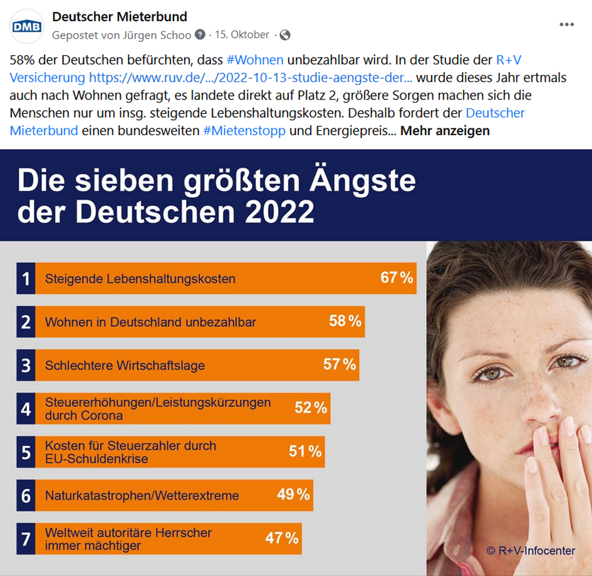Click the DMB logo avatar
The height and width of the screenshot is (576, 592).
(27, 26)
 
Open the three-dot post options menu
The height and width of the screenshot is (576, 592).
(566, 24)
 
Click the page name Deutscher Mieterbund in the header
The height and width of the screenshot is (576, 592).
(120, 17)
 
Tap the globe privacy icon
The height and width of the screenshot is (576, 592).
(285, 35)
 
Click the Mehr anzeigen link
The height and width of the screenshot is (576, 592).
(445, 131)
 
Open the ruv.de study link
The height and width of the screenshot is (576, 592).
(251, 78)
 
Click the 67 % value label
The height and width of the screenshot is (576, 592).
(397, 277)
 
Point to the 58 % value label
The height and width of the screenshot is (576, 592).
(345, 321)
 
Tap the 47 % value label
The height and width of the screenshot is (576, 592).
(282, 537)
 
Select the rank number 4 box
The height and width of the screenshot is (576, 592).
(26, 409)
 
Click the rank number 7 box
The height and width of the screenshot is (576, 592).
(26, 538)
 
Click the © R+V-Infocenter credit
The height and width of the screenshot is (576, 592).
(531, 551)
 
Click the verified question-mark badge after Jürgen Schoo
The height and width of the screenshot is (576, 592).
(200, 35)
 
